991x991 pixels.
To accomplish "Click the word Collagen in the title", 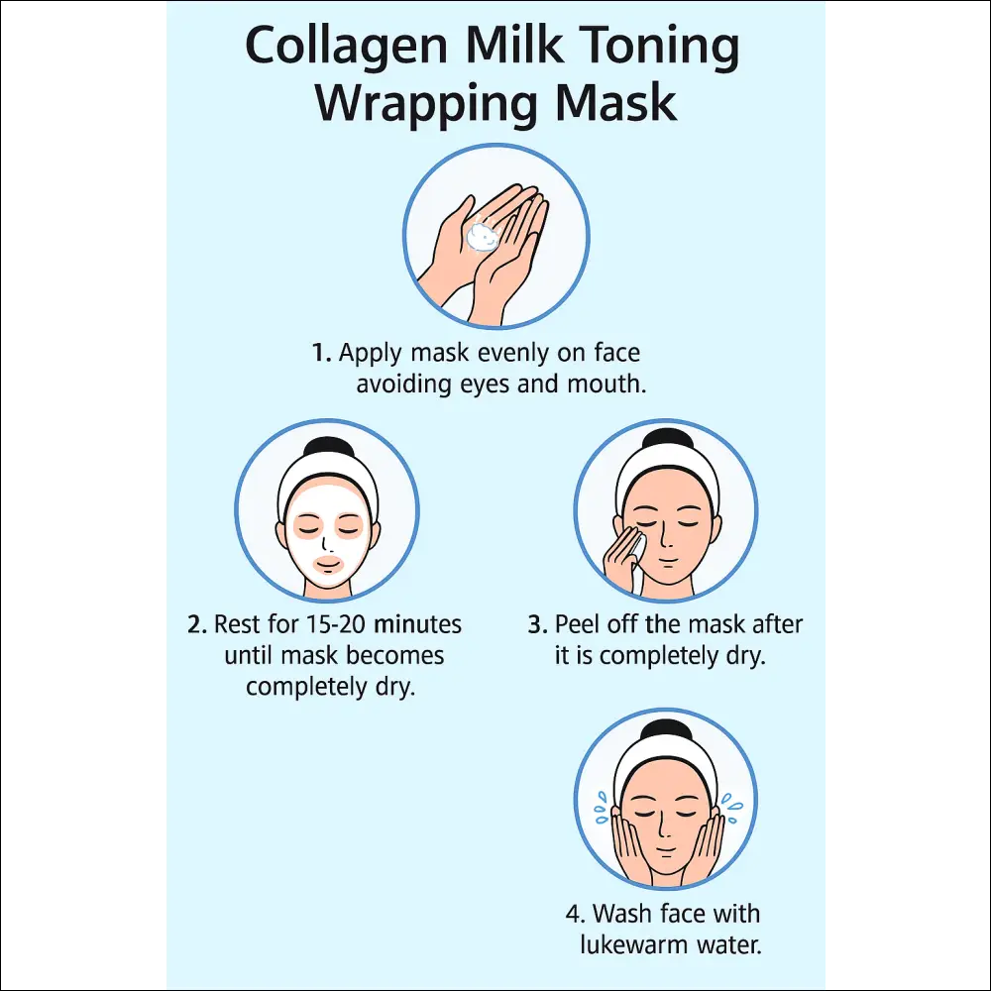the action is tap(346, 48).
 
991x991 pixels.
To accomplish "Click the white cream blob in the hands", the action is tap(483, 235).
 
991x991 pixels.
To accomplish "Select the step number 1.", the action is tap(321, 353).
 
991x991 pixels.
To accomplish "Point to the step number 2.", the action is tap(197, 624).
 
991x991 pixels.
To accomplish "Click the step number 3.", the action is tap(538, 624).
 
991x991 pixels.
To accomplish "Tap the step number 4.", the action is tap(575, 914).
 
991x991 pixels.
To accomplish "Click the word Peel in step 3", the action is tap(577, 624).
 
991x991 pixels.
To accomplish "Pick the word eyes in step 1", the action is tap(486, 385).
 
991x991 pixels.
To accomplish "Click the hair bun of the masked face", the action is tap(327, 448).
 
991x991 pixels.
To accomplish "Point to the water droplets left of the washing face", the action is tap(602, 808).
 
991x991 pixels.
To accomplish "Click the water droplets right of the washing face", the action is tap(732, 809).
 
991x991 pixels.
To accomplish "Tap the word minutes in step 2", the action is tap(418, 624).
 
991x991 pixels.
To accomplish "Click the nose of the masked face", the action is tap(325, 544).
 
